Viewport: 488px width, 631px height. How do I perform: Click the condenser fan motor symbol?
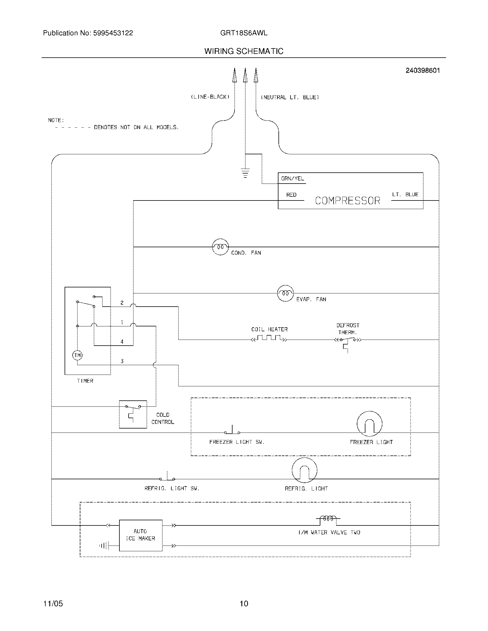point(220,247)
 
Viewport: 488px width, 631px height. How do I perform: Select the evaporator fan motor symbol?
point(285,293)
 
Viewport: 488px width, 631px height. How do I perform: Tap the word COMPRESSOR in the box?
point(348,200)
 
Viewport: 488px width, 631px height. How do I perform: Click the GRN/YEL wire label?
point(293,179)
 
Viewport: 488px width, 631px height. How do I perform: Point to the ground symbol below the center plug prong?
point(245,172)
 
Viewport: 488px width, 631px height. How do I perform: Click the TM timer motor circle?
point(77,355)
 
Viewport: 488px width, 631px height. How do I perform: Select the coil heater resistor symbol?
point(269,338)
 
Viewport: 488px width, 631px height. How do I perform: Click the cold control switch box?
point(133,414)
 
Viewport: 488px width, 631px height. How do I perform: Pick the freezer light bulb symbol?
point(369,424)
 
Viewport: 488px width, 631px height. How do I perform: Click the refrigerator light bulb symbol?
point(304,470)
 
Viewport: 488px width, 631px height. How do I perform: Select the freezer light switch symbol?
point(232,431)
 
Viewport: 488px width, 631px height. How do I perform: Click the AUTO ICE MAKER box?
point(140,535)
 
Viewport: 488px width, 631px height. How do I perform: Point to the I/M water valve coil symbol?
point(328,519)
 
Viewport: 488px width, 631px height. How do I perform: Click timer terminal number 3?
point(122,361)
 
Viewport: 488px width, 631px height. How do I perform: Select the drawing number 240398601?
point(423,71)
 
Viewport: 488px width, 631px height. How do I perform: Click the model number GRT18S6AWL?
point(244,33)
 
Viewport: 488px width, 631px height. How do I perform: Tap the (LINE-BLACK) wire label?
point(210,97)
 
